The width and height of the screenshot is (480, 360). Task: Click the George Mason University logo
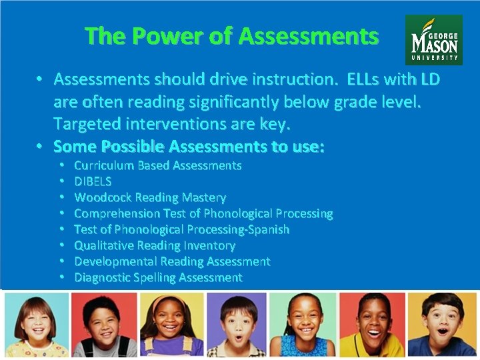[x=433, y=40]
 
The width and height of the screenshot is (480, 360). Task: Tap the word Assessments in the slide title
[x=308, y=36]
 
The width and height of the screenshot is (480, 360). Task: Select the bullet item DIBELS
[x=93, y=181]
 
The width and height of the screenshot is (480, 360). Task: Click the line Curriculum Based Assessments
[x=157, y=165]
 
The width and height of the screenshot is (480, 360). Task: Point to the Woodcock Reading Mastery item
[x=150, y=197]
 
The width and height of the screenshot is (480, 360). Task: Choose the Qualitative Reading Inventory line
[x=155, y=245]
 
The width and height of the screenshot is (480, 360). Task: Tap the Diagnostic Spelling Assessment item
[x=158, y=277]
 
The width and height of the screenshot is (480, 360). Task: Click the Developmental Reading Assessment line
[x=172, y=261]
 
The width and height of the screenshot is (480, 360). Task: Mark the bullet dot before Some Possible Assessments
[x=40, y=146]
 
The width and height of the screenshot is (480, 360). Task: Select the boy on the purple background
[x=237, y=325]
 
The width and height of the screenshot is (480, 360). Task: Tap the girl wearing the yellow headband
[x=171, y=325]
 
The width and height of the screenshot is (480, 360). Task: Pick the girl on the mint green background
[x=304, y=325]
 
